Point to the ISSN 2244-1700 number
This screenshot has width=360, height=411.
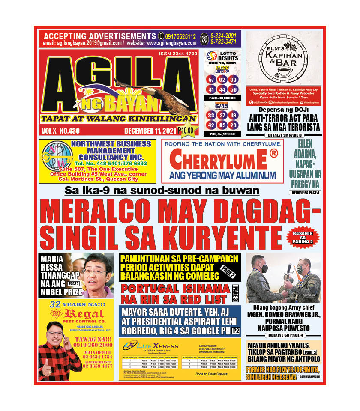pyautogui.click(x=177, y=54)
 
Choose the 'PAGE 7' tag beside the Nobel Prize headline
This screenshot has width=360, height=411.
pyautogui.click(x=74, y=283)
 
